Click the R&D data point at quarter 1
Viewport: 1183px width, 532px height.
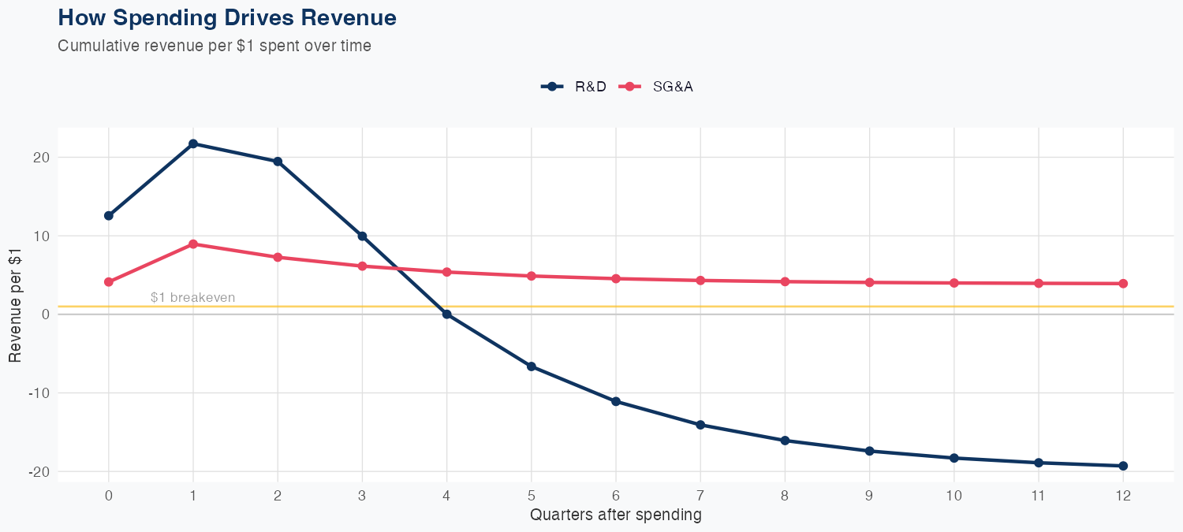pyautogui.click(x=193, y=143)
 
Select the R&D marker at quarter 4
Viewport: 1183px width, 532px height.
pyautogui.click(x=447, y=314)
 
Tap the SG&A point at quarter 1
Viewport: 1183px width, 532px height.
pyautogui.click(x=193, y=244)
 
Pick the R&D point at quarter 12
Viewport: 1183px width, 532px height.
pyautogui.click(x=1123, y=466)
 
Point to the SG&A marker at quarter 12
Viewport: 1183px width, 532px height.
pyautogui.click(x=1123, y=284)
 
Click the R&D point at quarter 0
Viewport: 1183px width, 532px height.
pyautogui.click(x=109, y=216)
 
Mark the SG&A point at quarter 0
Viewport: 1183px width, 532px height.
pyautogui.click(x=109, y=282)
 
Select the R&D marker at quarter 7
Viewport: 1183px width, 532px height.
pyautogui.click(x=700, y=425)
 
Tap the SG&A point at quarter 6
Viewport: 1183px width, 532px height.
pyautogui.click(x=616, y=278)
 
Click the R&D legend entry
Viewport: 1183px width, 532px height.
pyautogui.click(x=574, y=87)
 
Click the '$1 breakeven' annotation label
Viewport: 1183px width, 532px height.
pyautogui.click(x=192, y=297)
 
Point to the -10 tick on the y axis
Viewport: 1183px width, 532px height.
pyautogui.click(x=38, y=393)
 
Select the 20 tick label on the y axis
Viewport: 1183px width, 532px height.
pyautogui.click(x=42, y=158)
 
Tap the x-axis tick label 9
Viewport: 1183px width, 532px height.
pyautogui.click(x=869, y=496)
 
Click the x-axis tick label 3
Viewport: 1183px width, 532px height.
pyautogui.click(x=362, y=496)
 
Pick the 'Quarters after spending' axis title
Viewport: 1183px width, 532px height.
pyautogui.click(x=615, y=515)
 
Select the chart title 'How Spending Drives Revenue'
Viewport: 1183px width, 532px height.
pyautogui.click(x=227, y=17)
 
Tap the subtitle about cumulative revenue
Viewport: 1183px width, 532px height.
pyautogui.click(x=215, y=46)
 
